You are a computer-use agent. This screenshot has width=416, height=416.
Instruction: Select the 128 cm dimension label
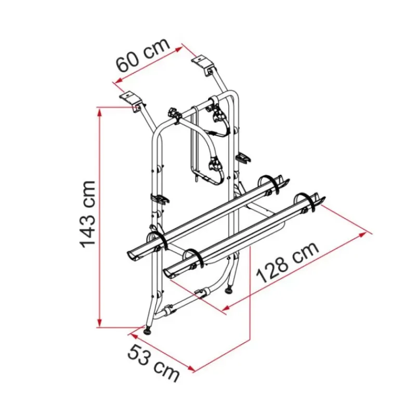tap(288, 262)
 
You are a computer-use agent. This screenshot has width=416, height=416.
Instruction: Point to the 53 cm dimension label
tap(153, 363)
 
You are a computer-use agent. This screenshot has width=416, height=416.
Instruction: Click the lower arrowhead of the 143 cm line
tap(99, 322)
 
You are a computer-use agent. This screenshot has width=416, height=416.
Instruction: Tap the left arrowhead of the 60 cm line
tap(120, 80)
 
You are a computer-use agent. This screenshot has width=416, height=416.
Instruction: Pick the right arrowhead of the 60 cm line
tap(178, 49)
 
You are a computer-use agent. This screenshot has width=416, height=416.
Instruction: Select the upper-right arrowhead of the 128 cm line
tap(362, 235)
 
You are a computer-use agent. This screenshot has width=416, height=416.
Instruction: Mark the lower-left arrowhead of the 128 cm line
tap(226, 307)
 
